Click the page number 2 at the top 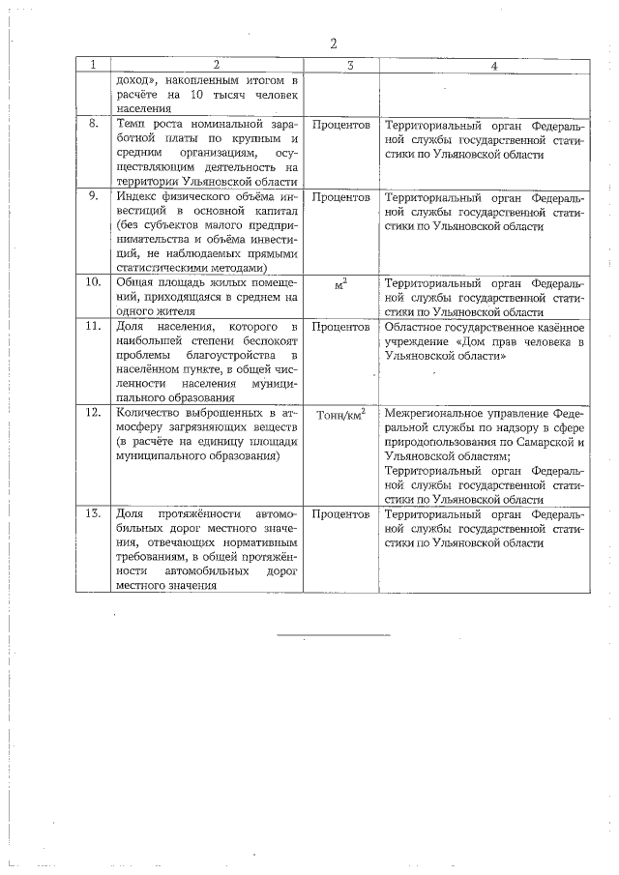[x=333, y=44]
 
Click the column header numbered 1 [x=93, y=66]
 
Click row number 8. [x=93, y=126]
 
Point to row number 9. [x=93, y=197]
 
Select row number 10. [x=93, y=283]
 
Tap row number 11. [x=93, y=327]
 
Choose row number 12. [x=93, y=414]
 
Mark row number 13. [x=93, y=515]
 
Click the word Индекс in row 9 [x=136, y=197]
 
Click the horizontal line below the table [x=334, y=635]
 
